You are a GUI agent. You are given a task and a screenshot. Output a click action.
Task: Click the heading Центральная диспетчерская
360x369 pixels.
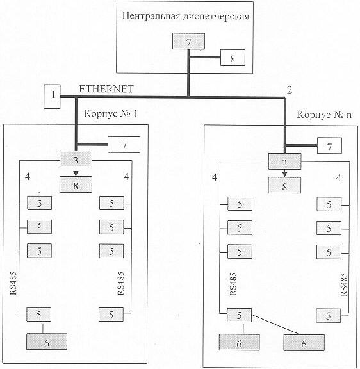point(185,17)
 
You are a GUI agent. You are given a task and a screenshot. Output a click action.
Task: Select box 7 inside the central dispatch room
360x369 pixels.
point(188,42)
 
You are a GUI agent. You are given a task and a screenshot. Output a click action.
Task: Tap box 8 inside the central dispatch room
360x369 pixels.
point(233,58)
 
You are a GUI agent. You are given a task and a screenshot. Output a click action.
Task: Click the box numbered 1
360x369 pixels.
point(53,96)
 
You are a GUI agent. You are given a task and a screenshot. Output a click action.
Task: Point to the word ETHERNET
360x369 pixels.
point(106,89)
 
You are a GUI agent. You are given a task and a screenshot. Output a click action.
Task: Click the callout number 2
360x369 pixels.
point(290,90)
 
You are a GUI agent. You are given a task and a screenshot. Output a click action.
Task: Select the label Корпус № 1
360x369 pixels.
point(111,113)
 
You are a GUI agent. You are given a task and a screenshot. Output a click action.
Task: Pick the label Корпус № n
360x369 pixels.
point(325,115)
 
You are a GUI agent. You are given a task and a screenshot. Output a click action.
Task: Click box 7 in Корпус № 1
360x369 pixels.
point(124,145)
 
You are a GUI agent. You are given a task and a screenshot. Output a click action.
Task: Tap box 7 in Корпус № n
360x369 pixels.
point(329,146)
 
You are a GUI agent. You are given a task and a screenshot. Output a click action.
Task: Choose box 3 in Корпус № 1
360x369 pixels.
point(76,159)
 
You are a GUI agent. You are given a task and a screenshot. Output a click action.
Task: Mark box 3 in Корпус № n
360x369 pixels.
point(284,161)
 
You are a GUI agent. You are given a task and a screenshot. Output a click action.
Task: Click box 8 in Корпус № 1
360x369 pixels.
point(76,184)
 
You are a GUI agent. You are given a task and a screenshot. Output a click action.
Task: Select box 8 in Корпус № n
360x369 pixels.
point(284,185)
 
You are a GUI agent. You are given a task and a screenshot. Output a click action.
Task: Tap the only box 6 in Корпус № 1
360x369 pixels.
point(47,341)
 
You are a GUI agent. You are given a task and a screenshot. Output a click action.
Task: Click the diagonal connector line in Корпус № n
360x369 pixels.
point(275,324)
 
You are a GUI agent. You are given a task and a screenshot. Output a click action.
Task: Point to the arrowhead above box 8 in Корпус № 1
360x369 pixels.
point(76,174)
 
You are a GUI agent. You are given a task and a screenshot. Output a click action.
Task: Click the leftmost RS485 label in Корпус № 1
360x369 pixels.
point(13,283)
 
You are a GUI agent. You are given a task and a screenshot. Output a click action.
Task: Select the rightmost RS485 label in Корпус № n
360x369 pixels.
point(344,284)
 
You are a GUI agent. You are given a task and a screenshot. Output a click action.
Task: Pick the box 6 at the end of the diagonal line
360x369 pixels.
point(304,343)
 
